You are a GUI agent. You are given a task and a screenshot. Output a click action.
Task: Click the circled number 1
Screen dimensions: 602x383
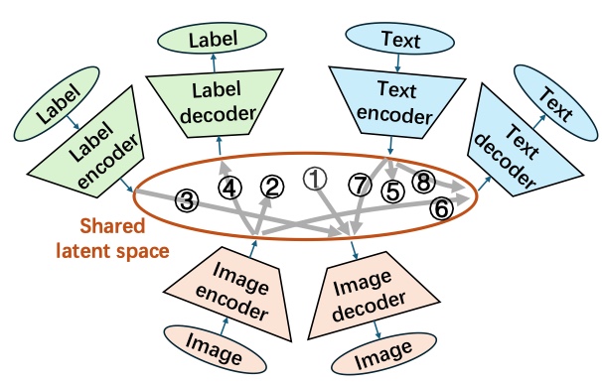(315, 179)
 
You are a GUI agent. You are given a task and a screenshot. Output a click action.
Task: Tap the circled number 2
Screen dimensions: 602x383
(272, 188)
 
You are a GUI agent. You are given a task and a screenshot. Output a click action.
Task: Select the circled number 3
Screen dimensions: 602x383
(187, 200)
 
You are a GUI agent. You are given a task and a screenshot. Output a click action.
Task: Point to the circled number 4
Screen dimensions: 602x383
(229, 189)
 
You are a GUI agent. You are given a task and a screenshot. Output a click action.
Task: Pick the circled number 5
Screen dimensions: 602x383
(393, 191)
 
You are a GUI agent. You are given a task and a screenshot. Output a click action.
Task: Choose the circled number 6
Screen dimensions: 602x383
(441, 208)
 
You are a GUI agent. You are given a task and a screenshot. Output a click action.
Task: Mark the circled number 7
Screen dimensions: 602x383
(360, 186)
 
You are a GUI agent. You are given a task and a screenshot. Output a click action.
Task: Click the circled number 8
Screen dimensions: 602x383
(423, 182)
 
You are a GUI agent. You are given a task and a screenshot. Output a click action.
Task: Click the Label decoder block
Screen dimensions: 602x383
(216, 103)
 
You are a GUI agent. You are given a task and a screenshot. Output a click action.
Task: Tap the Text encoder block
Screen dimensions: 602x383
(396, 102)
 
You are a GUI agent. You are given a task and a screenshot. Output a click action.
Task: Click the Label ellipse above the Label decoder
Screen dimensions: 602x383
(212, 38)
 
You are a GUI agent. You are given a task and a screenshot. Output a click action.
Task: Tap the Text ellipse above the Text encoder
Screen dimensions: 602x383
(400, 39)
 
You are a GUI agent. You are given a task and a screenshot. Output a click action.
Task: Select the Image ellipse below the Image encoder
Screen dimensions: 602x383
(215, 349)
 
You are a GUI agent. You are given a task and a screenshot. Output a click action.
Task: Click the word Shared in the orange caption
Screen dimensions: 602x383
(112, 226)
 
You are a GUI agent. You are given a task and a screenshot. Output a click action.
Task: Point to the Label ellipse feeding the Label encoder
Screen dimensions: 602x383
(57, 103)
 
